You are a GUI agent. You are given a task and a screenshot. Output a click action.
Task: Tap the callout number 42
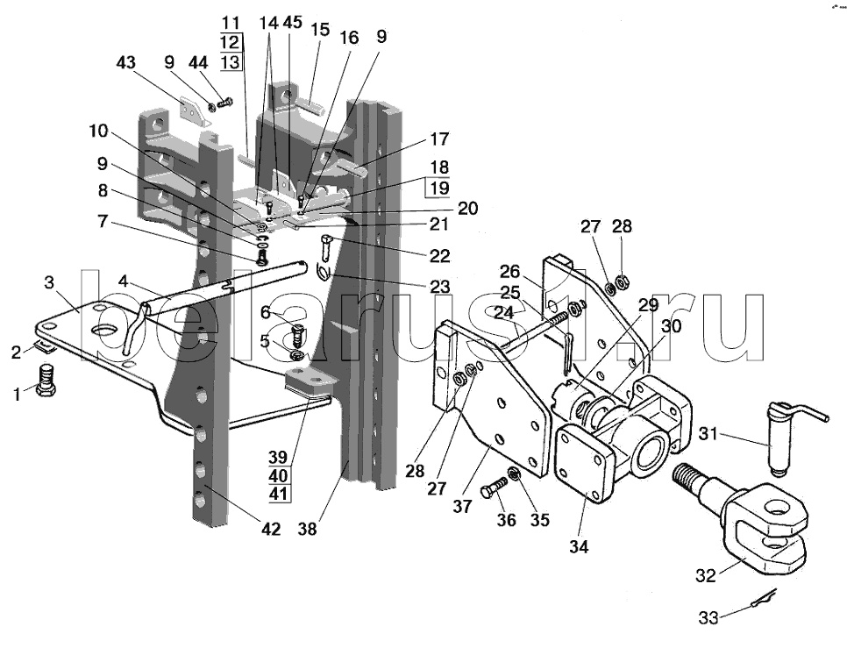[270, 529]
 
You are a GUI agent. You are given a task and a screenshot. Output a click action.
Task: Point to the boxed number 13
[231, 61]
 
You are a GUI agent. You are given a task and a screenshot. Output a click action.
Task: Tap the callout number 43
[126, 63]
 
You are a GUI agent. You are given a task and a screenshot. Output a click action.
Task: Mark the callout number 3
[49, 282]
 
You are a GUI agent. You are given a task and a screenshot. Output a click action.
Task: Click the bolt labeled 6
[298, 334]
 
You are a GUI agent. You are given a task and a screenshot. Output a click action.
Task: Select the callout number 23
[439, 286]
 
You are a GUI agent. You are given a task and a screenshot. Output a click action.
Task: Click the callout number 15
[320, 30]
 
